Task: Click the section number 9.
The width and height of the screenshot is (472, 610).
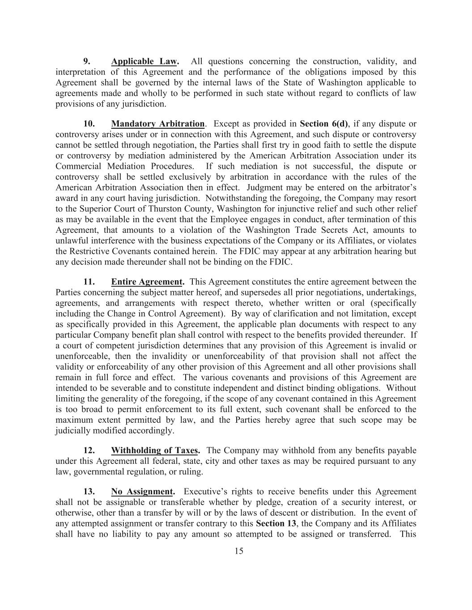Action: coord(87,62)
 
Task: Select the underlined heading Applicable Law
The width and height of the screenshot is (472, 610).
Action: coord(145,62)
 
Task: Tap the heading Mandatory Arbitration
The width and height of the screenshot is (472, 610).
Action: coord(157,124)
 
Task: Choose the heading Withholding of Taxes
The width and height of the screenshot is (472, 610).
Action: coord(155,450)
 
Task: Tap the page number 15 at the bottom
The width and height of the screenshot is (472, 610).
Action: coord(239,551)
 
